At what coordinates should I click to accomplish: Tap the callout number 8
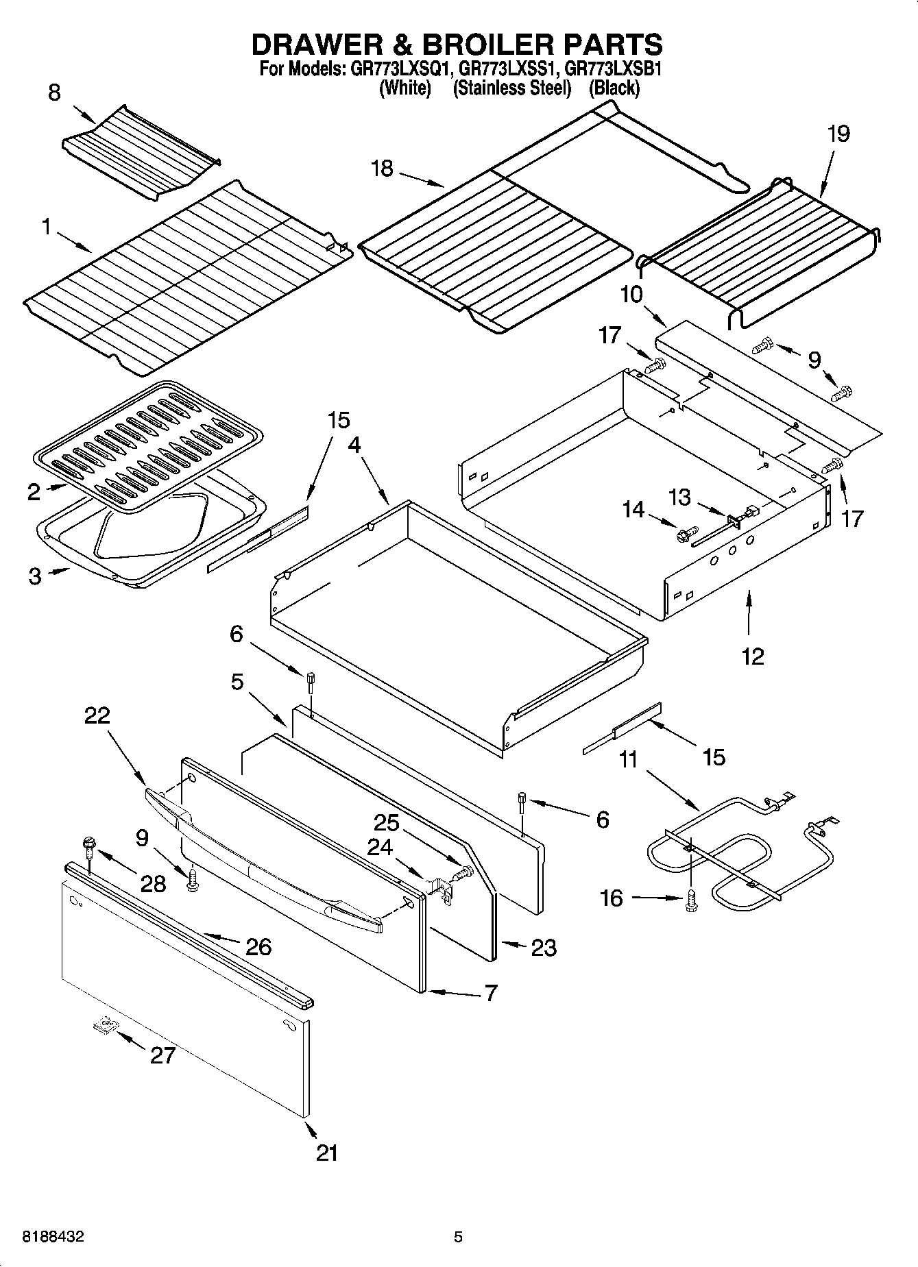(x=55, y=93)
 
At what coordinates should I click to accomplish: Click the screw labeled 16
(x=690, y=897)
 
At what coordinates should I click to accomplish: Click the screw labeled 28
(x=88, y=846)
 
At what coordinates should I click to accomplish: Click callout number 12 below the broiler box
(x=752, y=656)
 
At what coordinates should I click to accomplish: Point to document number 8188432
(x=53, y=1238)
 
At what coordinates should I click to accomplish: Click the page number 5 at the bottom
(x=458, y=1238)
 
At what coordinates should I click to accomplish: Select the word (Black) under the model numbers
(x=614, y=88)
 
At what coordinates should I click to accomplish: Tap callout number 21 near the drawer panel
(x=327, y=1153)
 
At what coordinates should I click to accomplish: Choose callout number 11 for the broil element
(x=628, y=759)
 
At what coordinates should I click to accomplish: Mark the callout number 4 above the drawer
(x=353, y=445)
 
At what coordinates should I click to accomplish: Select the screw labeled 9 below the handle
(x=193, y=879)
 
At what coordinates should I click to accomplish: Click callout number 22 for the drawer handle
(x=97, y=715)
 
